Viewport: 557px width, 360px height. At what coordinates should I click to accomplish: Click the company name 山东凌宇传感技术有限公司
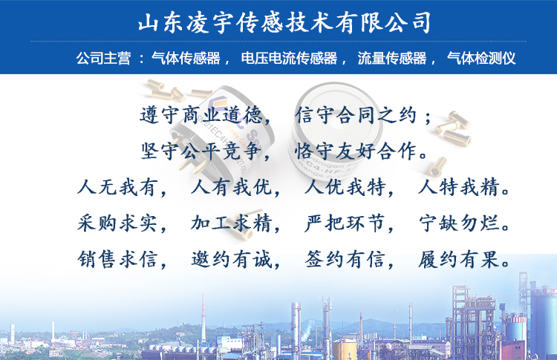(x=284, y=23)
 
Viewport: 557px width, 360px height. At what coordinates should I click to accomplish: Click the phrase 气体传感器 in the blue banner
(x=186, y=58)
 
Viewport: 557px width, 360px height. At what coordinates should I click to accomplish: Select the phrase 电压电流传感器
(x=289, y=58)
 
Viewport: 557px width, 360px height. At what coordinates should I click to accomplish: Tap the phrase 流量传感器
(x=392, y=58)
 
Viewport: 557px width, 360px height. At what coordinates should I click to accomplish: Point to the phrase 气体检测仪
(x=481, y=58)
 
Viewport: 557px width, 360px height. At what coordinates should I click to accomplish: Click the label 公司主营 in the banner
(x=103, y=58)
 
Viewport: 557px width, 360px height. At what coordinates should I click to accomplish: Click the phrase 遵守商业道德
(x=201, y=115)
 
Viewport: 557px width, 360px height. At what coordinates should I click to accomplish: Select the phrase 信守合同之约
(x=356, y=115)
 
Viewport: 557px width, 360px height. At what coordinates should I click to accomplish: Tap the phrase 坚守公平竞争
(x=201, y=151)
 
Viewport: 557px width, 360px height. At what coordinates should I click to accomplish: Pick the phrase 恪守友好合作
(x=356, y=151)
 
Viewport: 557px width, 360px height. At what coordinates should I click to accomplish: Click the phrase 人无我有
(x=117, y=187)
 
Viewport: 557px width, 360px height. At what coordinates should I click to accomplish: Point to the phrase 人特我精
(x=459, y=187)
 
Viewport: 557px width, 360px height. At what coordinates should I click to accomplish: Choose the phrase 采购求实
(x=117, y=223)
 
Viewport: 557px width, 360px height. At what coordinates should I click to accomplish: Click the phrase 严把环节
(x=345, y=223)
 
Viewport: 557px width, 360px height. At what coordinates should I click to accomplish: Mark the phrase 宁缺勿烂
(x=459, y=223)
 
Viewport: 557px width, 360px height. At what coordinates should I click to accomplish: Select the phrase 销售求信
(x=117, y=259)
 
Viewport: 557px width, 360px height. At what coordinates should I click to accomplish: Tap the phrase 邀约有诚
(x=232, y=259)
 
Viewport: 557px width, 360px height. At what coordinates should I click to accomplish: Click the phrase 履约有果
(x=459, y=259)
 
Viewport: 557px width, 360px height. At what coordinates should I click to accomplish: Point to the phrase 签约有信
(x=345, y=259)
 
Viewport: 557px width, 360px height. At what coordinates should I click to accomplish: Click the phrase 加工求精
(x=232, y=223)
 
